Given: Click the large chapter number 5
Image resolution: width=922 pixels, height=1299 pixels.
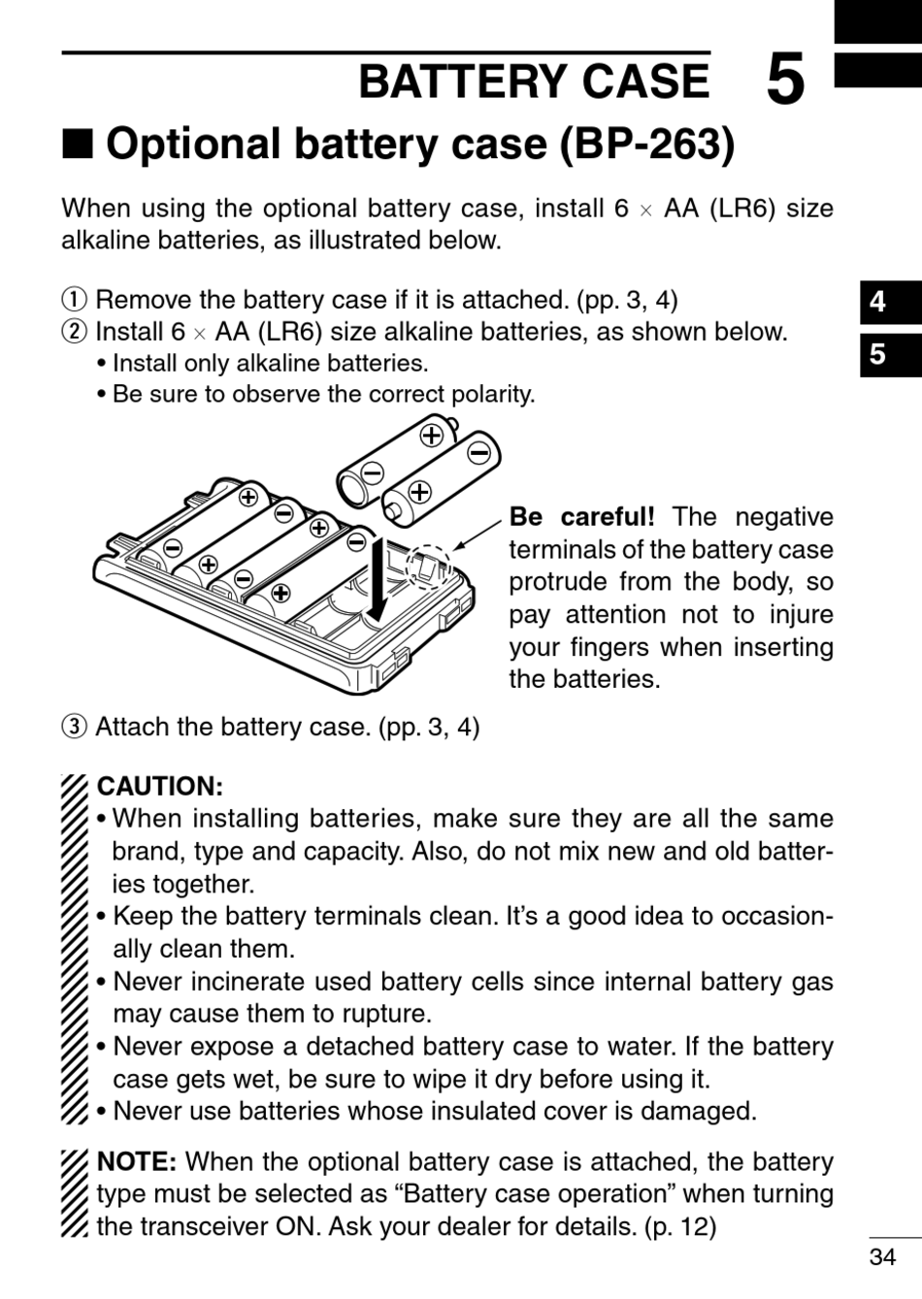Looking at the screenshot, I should coord(785,81).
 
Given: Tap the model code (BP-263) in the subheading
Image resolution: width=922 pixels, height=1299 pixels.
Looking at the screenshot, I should coord(646,145).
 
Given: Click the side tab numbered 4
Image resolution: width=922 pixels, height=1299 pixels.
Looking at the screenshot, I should coord(878,302).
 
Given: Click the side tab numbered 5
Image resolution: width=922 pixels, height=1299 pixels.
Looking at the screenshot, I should coord(878,353).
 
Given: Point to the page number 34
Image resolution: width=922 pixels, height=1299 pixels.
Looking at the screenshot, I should coord(882,1257).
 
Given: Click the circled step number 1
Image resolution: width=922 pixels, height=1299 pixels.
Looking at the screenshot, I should coord(75,300).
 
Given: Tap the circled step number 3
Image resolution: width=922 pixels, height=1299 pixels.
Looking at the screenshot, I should coord(75,727).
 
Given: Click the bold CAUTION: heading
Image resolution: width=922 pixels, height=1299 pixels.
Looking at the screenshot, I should coord(160,786).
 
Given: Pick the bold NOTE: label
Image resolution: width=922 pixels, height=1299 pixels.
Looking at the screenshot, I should coord(136,1161).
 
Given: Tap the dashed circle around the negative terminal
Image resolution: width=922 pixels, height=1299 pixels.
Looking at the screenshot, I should coord(427,567).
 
